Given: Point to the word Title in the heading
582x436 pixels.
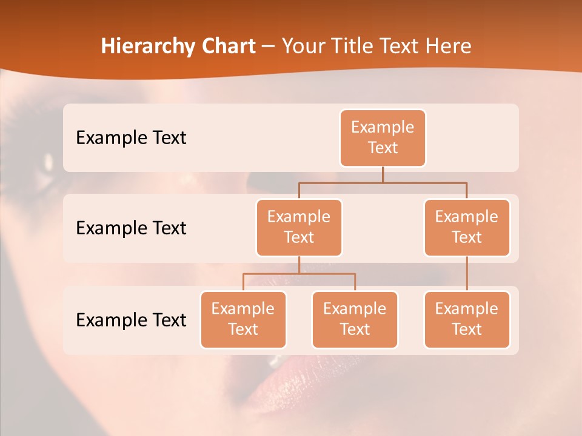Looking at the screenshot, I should click(352, 46).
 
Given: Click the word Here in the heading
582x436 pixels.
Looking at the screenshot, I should click(449, 46).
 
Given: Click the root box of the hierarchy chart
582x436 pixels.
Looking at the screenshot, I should click(383, 137).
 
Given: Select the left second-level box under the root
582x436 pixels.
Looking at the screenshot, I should click(299, 227).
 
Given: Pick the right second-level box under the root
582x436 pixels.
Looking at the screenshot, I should click(467, 227).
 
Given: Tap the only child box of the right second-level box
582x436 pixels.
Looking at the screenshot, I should click(467, 319).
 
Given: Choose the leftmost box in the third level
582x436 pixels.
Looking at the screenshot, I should click(243, 319).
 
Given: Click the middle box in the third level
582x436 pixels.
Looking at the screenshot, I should click(355, 319).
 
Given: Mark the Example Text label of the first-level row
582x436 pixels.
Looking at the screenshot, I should click(131, 137).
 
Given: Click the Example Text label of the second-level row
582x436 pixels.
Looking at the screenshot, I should click(131, 228).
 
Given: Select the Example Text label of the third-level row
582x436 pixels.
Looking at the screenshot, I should click(131, 320).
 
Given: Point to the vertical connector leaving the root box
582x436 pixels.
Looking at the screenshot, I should click(383, 174).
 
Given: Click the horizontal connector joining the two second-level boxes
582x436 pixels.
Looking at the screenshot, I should click(383, 182).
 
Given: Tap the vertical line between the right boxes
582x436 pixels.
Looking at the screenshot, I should click(467, 274).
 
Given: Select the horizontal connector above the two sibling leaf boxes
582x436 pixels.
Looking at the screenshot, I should click(299, 274).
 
